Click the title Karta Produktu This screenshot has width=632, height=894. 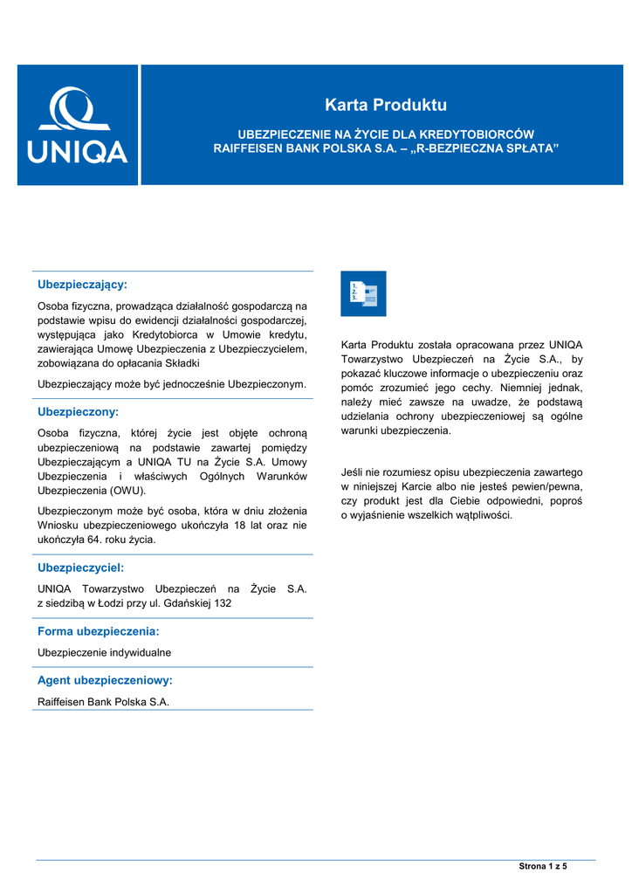pyautogui.click(x=385, y=106)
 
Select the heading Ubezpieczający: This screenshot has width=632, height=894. pyautogui.click(x=82, y=285)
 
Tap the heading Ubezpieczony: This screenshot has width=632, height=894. pyautogui.click(x=78, y=411)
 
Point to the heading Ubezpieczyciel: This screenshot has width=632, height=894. pyautogui.click(x=80, y=567)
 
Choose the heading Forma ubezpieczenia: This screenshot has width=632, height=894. pyautogui.click(x=98, y=630)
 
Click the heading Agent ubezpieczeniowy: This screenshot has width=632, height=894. pyautogui.click(x=105, y=679)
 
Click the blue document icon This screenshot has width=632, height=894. pyautogui.click(x=363, y=293)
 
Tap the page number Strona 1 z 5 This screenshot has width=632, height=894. pyautogui.click(x=543, y=866)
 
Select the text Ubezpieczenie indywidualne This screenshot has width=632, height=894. pyautogui.click(x=104, y=652)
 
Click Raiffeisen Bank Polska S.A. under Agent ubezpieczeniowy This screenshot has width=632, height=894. pyautogui.click(x=103, y=701)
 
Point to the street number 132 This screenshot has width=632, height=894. pyautogui.click(x=223, y=603)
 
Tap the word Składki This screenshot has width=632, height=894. pyautogui.click(x=181, y=362)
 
